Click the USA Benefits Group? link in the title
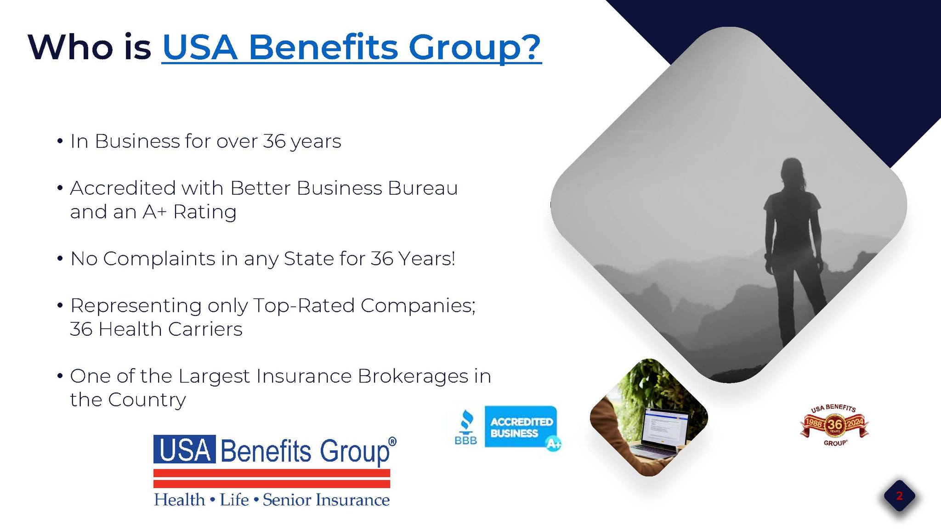[351, 48]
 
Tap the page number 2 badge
[899, 496]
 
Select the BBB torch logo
[466, 427]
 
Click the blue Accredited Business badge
[521, 427]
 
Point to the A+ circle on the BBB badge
[553, 443]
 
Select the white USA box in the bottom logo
[185, 449]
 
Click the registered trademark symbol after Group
[392, 442]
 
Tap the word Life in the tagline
[234, 500]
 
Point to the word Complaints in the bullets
[159, 259]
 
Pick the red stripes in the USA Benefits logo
[272, 478]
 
